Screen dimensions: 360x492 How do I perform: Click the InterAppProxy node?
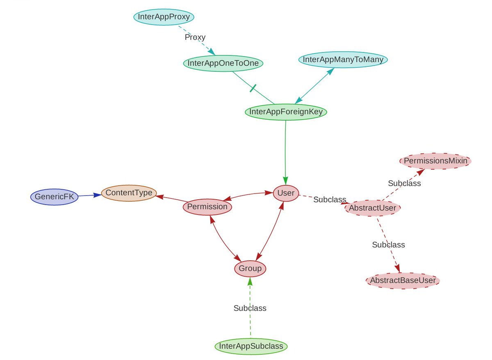164,17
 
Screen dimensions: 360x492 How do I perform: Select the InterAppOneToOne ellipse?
223,63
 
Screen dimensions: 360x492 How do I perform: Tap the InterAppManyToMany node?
343,59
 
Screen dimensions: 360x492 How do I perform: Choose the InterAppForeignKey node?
286,112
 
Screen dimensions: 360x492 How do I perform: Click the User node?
286,193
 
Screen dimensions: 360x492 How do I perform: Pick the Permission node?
207,207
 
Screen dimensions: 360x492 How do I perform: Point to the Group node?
250,269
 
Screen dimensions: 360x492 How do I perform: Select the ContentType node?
129,193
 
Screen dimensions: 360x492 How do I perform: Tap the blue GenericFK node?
54,197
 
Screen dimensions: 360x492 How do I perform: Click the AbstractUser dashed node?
372,208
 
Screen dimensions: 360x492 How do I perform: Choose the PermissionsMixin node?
435,161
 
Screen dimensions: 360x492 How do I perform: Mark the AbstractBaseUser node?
403,281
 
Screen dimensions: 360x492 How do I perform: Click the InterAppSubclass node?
251,346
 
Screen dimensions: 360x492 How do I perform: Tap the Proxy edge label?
195,37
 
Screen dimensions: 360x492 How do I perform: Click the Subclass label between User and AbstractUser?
330,200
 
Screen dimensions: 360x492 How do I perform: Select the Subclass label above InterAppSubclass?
250,308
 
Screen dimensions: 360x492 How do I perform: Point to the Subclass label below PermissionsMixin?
404,183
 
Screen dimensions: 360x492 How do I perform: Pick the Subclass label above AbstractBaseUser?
388,245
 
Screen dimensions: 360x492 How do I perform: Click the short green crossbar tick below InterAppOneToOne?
253,88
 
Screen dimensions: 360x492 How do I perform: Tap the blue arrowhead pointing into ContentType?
97,195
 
